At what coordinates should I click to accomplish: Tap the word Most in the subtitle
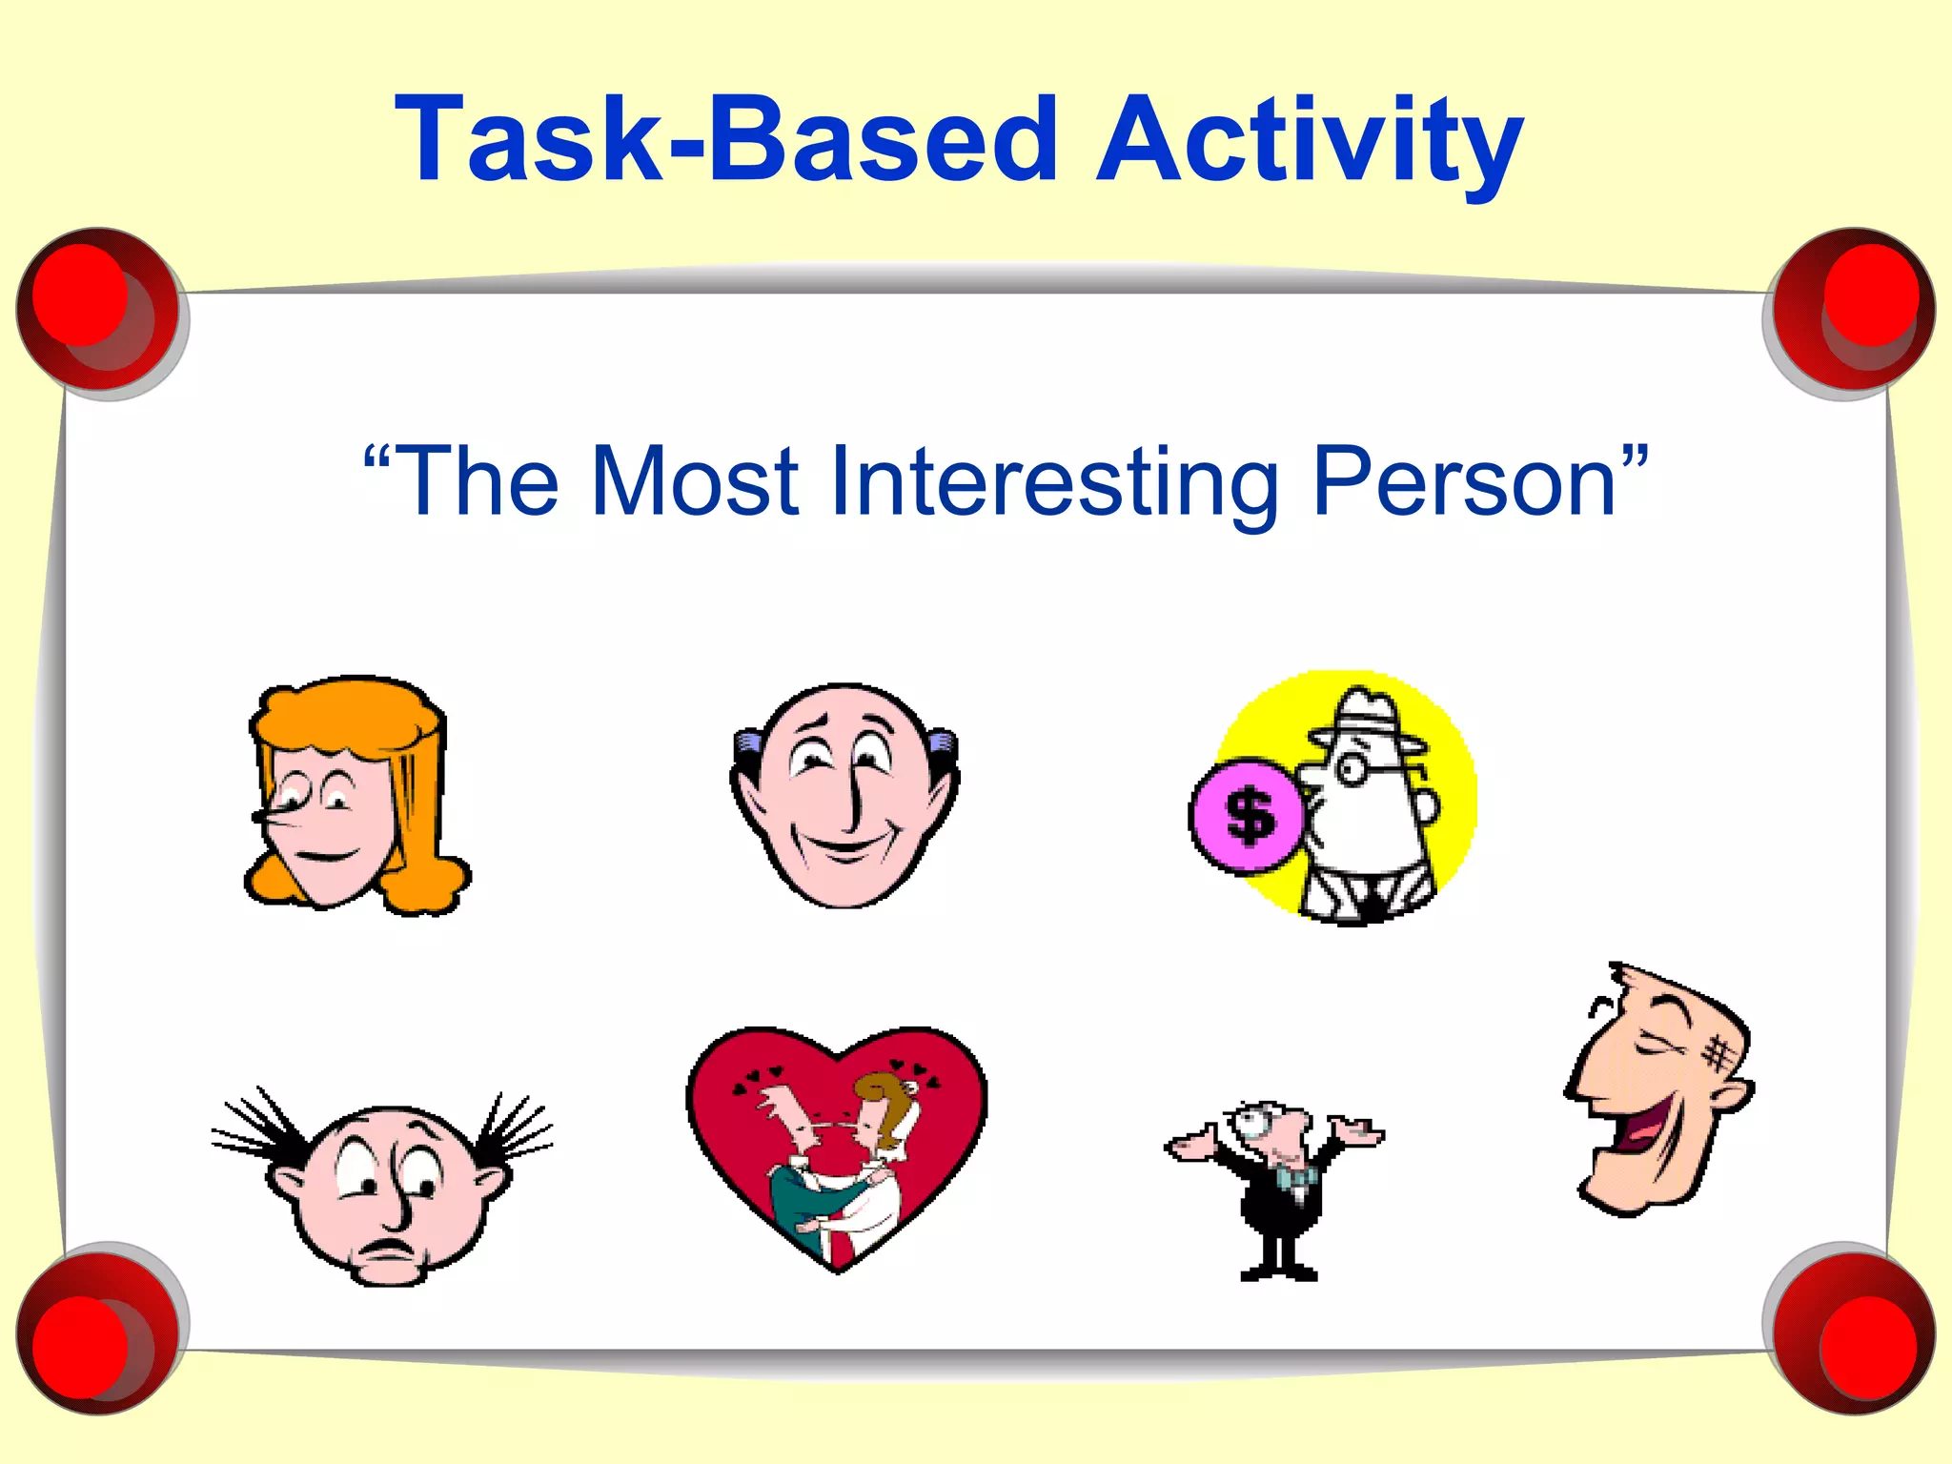693,482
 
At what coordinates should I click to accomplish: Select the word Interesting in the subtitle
1053,482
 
